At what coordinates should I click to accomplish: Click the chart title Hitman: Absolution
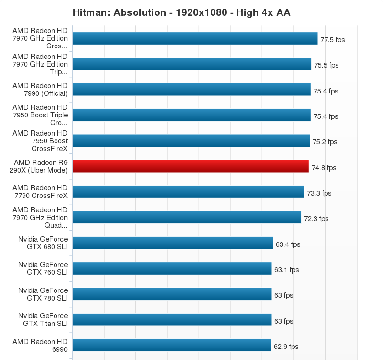tap(181, 12)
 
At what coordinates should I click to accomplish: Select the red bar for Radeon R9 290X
tap(191, 166)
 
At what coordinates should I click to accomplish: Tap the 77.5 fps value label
tap(332, 40)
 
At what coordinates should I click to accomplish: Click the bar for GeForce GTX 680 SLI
tap(172, 243)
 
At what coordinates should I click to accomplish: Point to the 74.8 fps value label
tap(324, 168)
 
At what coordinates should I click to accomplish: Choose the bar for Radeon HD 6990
tap(172, 345)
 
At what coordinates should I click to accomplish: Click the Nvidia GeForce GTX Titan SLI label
tap(43, 320)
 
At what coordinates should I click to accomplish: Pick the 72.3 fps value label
tap(316, 219)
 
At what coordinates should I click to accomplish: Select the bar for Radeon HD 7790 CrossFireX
tap(188, 192)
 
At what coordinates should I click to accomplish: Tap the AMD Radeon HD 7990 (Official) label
tap(40, 90)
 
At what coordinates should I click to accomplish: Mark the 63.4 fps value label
tap(288, 244)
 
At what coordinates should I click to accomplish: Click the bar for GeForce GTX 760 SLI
tap(172, 268)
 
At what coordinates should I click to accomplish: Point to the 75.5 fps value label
tap(326, 65)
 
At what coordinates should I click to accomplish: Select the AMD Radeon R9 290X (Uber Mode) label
tap(41, 166)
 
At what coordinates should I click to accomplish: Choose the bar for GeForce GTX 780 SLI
tap(172, 294)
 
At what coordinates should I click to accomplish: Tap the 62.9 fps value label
tap(286, 347)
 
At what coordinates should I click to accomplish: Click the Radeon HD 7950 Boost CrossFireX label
tap(40, 141)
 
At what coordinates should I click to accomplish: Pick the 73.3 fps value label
tap(319, 193)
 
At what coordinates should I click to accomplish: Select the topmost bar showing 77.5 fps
tap(195, 38)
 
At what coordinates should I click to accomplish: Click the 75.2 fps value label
tap(325, 142)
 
